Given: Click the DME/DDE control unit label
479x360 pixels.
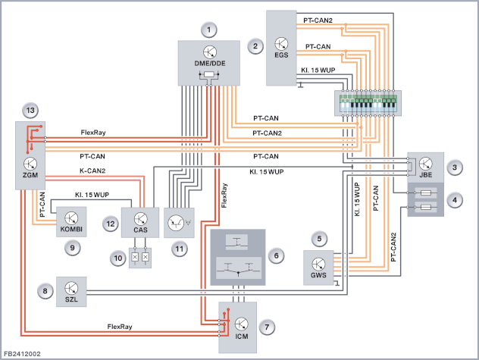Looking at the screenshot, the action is (x=210, y=63).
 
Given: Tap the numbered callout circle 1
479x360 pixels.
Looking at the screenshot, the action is (x=209, y=30).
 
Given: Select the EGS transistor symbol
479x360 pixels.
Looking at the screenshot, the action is (x=281, y=44).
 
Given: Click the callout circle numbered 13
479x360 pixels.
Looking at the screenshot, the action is (x=30, y=111).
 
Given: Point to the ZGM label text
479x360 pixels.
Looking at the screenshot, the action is (x=30, y=175).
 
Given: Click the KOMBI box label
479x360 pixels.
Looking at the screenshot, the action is (x=71, y=229).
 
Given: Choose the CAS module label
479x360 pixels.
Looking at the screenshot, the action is (x=140, y=230).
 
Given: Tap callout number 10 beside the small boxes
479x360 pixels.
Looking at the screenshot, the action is (x=118, y=258).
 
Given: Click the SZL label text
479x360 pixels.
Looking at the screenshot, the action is (x=71, y=299).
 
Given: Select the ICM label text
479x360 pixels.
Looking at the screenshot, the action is (x=241, y=337).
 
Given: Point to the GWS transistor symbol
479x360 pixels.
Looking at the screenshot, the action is (x=318, y=264).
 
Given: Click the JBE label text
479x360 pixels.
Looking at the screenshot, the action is (x=425, y=175).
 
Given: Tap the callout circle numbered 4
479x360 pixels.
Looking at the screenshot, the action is (x=455, y=200).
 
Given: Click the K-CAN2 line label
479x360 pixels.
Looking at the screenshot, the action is (x=92, y=171).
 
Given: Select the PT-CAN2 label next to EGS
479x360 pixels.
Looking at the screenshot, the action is (x=318, y=20).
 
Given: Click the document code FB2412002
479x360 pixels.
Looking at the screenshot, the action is (x=22, y=354).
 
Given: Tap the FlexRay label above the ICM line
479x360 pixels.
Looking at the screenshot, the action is (x=120, y=327).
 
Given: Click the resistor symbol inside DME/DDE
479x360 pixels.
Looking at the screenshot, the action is (x=209, y=74).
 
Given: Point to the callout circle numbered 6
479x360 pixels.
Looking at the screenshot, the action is (x=276, y=255).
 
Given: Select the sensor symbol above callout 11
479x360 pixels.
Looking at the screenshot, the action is (x=180, y=223).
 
